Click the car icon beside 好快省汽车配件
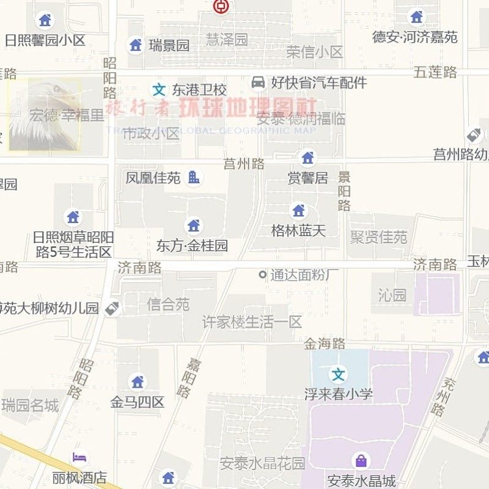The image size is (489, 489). click(x=259, y=82)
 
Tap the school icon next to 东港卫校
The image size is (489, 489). click(x=159, y=90)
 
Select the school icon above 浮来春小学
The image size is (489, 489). click(x=338, y=373)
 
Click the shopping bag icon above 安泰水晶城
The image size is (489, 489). click(x=361, y=460)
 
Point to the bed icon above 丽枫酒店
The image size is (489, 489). click(x=79, y=457)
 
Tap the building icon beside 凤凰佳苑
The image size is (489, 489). click(x=194, y=177)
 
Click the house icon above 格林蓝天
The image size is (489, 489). click(x=298, y=211)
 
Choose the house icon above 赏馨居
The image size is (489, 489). click(x=307, y=158)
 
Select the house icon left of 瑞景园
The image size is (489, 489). click(x=136, y=45)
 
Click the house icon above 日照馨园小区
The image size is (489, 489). click(x=45, y=20)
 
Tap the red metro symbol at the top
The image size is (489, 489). click(x=219, y=7)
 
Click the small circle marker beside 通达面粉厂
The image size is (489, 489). click(x=263, y=275)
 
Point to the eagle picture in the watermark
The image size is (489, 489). click(x=44, y=115)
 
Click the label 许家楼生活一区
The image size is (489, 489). click(x=252, y=322)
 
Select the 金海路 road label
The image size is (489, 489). click(x=325, y=344)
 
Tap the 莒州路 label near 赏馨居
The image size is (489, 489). click(x=244, y=163)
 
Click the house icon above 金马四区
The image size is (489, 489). click(x=138, y=382)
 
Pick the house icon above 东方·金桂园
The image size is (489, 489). click(x=194, y=226)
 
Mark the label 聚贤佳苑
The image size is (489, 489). click(x=378, y=237)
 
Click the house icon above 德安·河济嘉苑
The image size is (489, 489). click(x=416, y=17)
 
